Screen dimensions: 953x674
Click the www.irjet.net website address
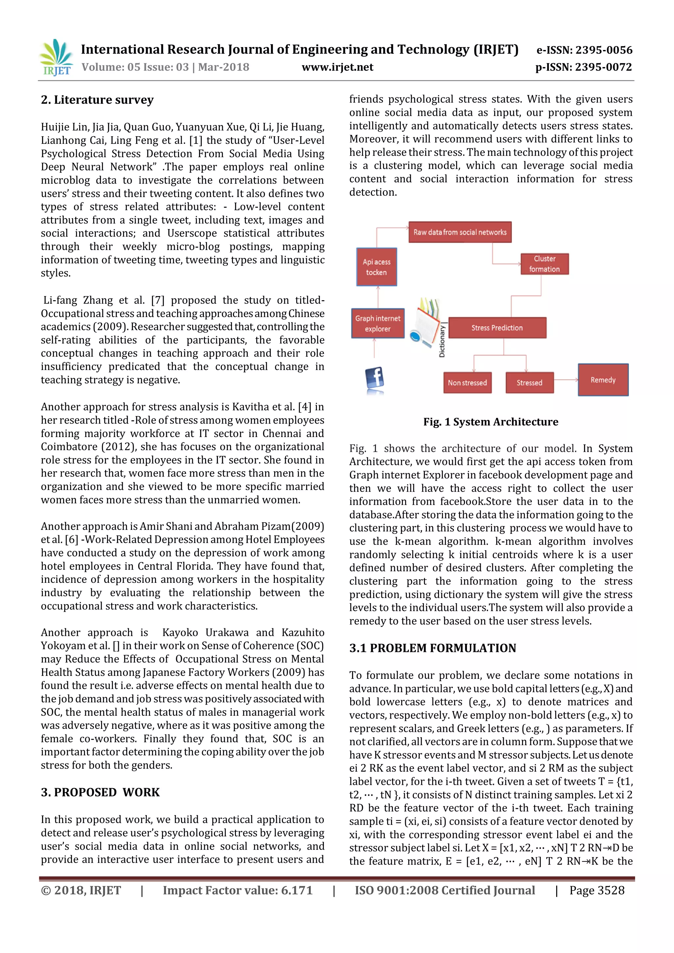pyautogui.click(x=337, y=67)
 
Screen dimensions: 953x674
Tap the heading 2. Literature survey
pyautogui.click(x=97, y=100)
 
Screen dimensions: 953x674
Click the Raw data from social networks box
pyautogui.click(x=460, y=232)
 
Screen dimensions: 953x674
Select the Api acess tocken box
pyautogui.click(x=376, y=267)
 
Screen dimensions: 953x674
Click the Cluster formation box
pyautogui.click(x=545, y=264)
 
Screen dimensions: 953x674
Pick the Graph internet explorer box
pyautogui.click(x=378, y=323)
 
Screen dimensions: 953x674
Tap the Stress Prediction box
pyautogui.click(x=497, y=328)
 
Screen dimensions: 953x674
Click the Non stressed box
pyautogui.click(x=467, y=383)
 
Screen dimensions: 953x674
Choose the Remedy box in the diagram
pyautogui.click(x=603, y=380)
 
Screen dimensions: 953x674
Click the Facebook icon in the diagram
pyautogui.click(x=375, y=379)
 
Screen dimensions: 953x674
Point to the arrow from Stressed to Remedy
pyautogui.click(x=566, y=380)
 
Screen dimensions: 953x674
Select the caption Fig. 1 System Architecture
pyautogui.click(x=491, y=422)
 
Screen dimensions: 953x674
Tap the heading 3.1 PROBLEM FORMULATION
pyautogui.click(x=432, y=648)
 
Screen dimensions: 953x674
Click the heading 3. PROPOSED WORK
pyautogui.click(x=100, y=792)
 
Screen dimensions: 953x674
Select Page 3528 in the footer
pyautogui.click(x=596, y=890)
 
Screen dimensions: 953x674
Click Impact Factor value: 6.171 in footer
pyautogui.click(x=237, y=890)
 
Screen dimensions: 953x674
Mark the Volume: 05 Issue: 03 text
pyautogui.click(x=135, y=67)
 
